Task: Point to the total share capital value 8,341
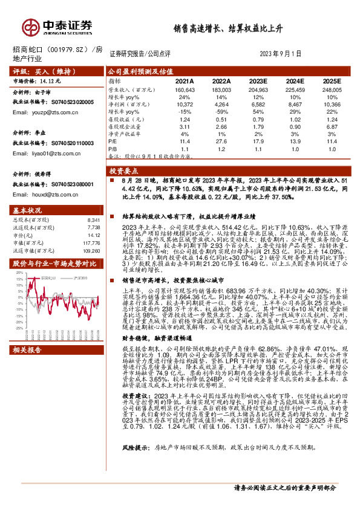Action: [94, 219]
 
